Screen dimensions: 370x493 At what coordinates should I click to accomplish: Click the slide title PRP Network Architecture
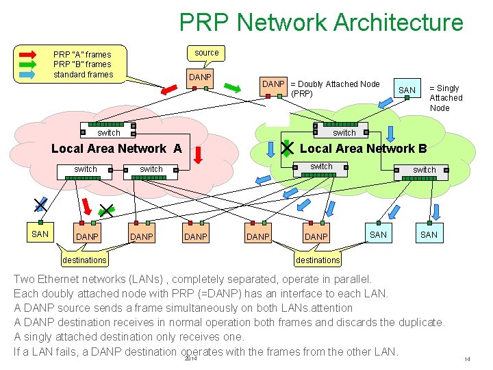pyautogui.click(x=321, y=23)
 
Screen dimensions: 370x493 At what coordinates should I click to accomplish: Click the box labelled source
pyautogui.click(x=206, y=52)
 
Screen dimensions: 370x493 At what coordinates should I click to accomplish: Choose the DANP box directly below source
pyautogui.click(x=200, y=77)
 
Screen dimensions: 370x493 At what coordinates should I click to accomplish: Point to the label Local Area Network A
pyautogui.click(x=116, y=149)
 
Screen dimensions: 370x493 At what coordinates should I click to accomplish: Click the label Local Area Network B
pyautogui.click(x=364, y=149)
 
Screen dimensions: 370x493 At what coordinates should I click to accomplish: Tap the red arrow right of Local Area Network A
pyautogui.click(x=198, y=155)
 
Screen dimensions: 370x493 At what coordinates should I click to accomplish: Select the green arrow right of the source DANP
pyautogui.click(x=233, y=88)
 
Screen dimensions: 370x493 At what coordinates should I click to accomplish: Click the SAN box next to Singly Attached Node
pyautogui.click(x=407, y=90)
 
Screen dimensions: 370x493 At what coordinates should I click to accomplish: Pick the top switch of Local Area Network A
pyautogui.click(x=108, y=129)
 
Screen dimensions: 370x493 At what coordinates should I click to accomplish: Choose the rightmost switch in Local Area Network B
pyautogui.click(x=424, y=170)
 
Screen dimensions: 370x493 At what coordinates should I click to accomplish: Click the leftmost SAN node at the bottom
pyautogui.click(x=40, y=234)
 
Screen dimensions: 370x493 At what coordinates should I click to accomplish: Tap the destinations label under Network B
pyautogui.click(x=318, y=260)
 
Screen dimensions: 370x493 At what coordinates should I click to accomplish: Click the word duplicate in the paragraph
pyautogui.click(x=415, y=322)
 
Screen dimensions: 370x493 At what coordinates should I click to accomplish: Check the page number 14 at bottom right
pyautogui.click(x=467, y=360)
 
